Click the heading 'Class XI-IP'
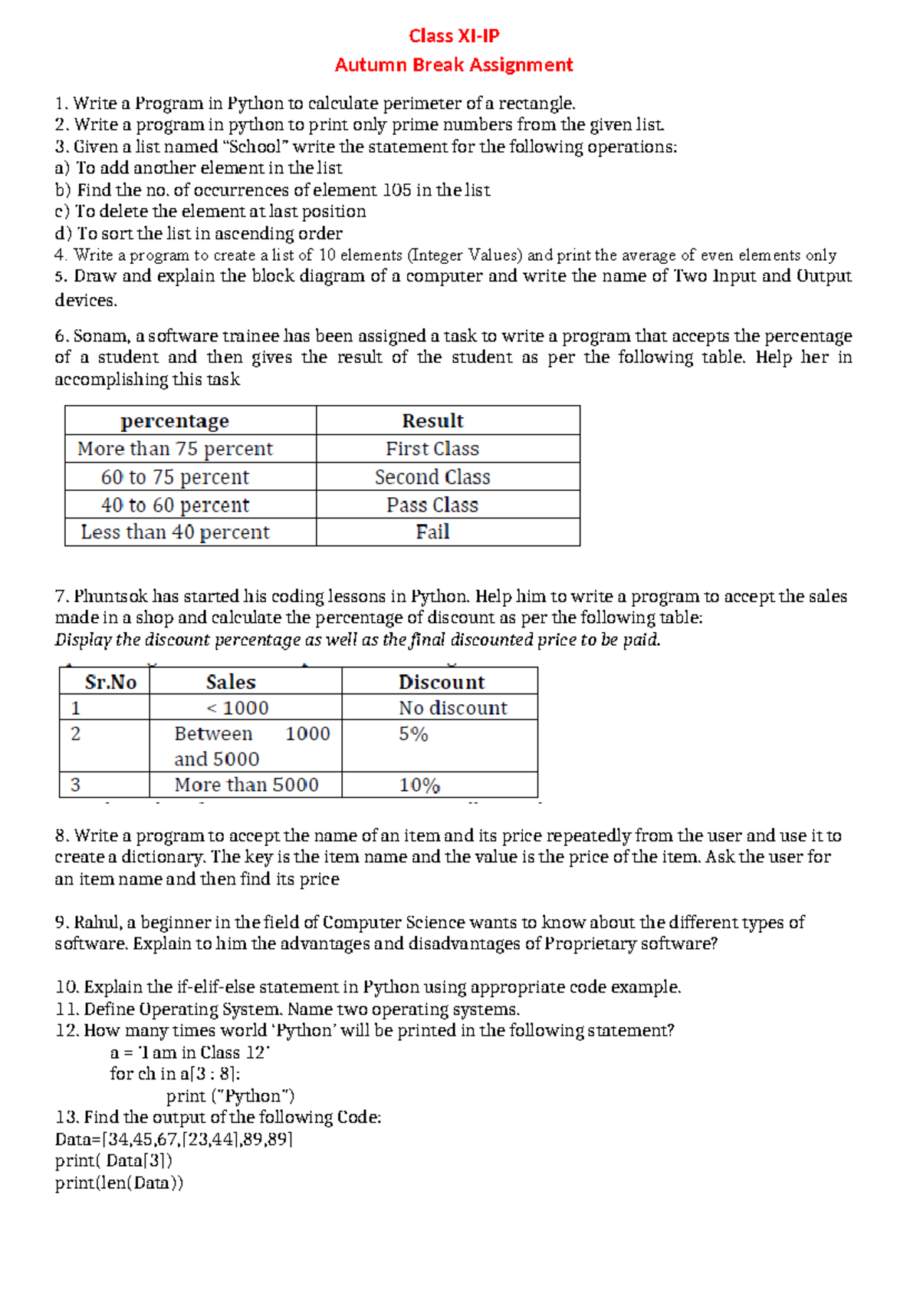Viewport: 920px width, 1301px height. click(454, 36)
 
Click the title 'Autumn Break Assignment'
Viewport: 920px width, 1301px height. click(454, 65)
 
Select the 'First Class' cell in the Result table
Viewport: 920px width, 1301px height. click(432, 449)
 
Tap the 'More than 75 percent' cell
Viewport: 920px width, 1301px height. click(175, 449)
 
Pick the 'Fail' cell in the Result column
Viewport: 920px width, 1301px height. click(432, 532)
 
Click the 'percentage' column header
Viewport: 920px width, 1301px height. click(175, 421)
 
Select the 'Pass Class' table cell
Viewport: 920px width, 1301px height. click(432, 505)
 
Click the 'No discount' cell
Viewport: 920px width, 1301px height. click(452, 708)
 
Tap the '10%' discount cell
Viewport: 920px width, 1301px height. click(419, 786)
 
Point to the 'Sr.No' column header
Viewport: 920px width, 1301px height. click(110, 682)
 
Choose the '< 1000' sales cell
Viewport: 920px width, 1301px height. click(238, 708)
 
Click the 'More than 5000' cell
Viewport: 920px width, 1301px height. click(246, 785)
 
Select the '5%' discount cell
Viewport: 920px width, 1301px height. click(413, 734)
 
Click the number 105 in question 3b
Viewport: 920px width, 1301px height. click(396, 190)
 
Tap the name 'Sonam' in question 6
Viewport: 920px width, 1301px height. click(102, 336)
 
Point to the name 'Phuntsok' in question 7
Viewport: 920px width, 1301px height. click(110, 597)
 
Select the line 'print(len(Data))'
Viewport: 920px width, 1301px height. click(119, 1183)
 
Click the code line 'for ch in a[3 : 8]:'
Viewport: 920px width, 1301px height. click(175, 1074)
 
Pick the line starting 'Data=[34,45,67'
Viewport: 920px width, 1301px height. click(173, 1139)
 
